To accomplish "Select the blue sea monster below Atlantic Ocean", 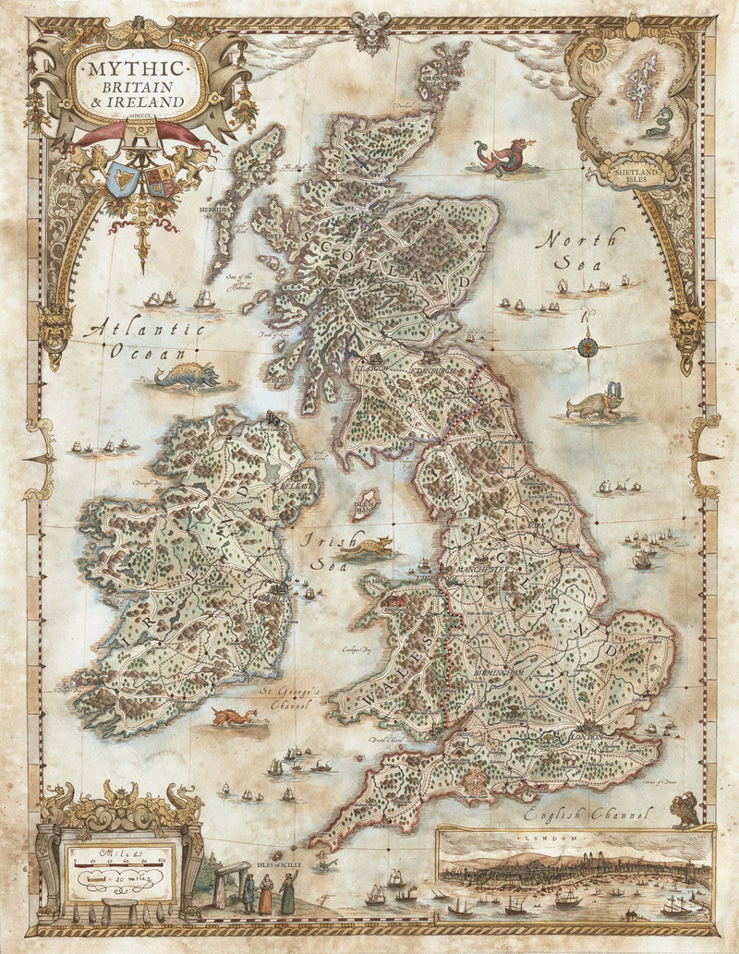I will click(188, 376).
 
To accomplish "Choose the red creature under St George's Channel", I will click(232, 717).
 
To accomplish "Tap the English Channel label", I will click(588, 815).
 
